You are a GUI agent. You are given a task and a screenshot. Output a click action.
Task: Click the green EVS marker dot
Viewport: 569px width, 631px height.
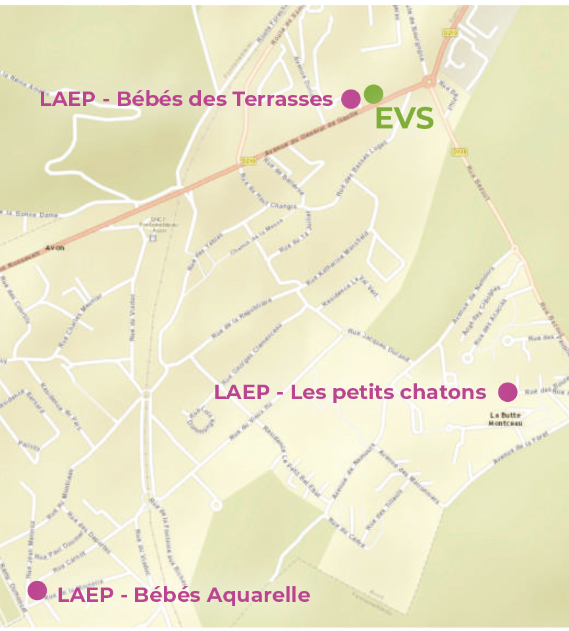coord(373,94)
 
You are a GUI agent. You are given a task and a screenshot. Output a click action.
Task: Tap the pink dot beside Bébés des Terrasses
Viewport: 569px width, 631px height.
coord(351,99)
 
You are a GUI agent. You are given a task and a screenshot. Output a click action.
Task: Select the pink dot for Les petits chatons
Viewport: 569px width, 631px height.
coord(507,392)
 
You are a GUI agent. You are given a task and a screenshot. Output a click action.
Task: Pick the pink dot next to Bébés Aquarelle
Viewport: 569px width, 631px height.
coord(37,591)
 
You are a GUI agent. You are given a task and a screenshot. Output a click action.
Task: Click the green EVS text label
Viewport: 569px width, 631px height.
coord(404,119)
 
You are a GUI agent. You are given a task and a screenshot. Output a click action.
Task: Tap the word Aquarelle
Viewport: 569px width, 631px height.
coord(258,595)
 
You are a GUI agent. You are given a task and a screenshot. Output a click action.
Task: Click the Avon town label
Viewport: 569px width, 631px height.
coord(55,248)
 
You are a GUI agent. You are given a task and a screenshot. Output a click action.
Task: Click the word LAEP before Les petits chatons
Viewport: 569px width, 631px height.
coord(242,393)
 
